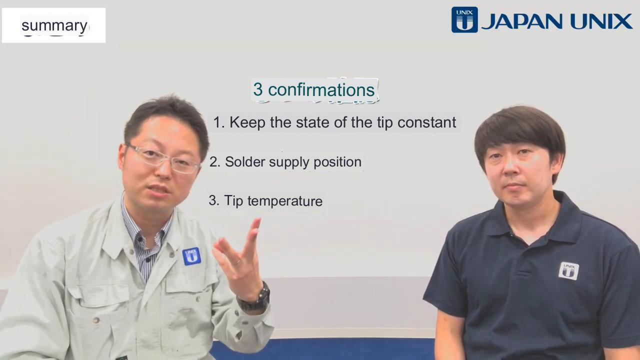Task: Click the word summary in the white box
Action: [54, 26]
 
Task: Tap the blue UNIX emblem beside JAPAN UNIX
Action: [464, 19]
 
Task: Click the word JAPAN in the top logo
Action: [521, 21]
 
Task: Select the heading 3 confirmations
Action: [313, 89]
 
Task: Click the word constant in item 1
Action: [426, 122]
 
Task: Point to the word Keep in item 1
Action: [247, 122]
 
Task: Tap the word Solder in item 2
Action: [245, 161]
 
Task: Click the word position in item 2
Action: [337, 162]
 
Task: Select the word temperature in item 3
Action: [285, 201]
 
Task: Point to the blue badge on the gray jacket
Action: [191, 256]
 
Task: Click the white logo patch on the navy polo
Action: [568, 270]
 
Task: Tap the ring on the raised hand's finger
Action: [237, 261]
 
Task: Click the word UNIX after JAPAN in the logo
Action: [601, 21]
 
